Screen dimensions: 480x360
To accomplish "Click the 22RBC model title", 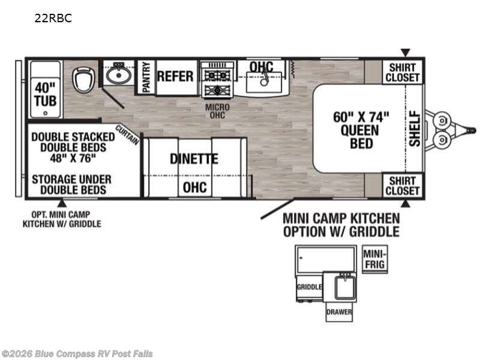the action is [53, 18].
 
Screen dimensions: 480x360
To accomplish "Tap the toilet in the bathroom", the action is [83, 79].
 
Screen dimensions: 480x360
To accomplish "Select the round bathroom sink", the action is [118, 74].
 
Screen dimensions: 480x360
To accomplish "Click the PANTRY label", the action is [146, 77].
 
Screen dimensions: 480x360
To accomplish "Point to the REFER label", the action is [175, 76].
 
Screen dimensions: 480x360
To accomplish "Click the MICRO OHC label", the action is [217, 111].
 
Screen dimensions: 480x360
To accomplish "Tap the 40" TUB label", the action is [46, 94].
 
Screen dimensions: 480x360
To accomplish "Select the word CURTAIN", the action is [127, 134].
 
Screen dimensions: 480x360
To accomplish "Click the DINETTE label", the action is [194, 158].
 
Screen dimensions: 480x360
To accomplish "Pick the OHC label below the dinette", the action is [194, 187].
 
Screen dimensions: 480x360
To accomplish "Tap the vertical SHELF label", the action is [415, 128].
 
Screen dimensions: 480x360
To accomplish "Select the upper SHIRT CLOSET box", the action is [402, 72].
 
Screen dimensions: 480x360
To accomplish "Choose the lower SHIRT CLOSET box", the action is [402, 185].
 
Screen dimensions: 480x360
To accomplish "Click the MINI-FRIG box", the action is [375, 259].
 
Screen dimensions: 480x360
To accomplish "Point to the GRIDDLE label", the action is [309, 287].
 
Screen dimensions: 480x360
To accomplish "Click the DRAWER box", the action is [339, 312].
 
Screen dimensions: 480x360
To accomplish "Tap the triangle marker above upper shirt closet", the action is [406, 52].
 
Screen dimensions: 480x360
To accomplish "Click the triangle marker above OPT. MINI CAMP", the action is [62, 203].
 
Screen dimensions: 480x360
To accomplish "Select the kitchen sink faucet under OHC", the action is [264, 78].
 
